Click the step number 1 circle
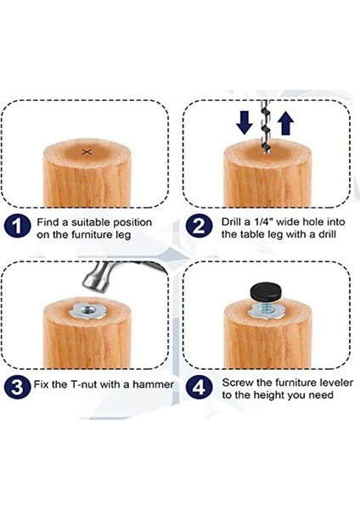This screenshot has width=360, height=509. [17, 227]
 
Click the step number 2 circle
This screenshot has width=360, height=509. [199, 227]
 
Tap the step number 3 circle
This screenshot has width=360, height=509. [17, 387]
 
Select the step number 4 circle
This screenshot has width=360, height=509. [199, 387]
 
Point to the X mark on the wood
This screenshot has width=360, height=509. [87, 152]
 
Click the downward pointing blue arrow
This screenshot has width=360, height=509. [245, 122]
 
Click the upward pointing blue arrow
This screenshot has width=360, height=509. [286, 122]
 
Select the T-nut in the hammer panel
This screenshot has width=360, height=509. [86, 310]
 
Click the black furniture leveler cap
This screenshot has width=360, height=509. [266, 290]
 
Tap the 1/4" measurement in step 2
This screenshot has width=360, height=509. [262, 222]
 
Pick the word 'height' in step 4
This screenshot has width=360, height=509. [270, 395]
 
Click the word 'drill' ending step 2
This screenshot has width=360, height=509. [326, 234]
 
